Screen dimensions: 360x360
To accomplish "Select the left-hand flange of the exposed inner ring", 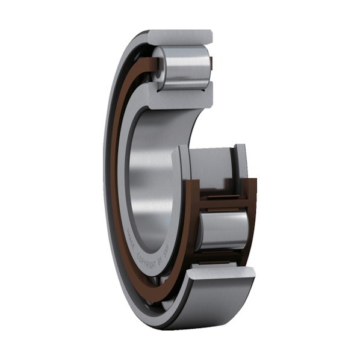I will click(182, 166).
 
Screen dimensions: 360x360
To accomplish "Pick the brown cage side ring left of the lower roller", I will click(193, 229).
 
